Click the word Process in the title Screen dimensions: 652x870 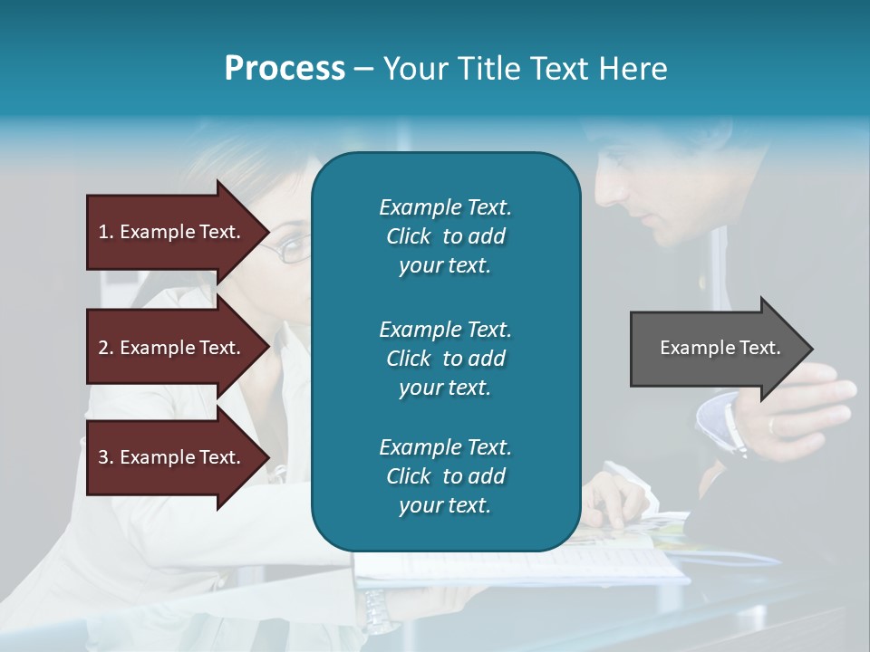pyautogui.click(x=285, y=69)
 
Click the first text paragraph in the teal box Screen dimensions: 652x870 pyautogui.click(x=445, y=236)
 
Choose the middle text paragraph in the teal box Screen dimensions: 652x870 pyautogui.click(x=445, y=359)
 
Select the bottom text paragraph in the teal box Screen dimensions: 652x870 pyautogui.click(x=445, y=476)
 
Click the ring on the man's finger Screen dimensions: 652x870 pyautogui.click(x=771, y=423)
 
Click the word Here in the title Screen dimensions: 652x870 pyautogui.click(x=635, y=69)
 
